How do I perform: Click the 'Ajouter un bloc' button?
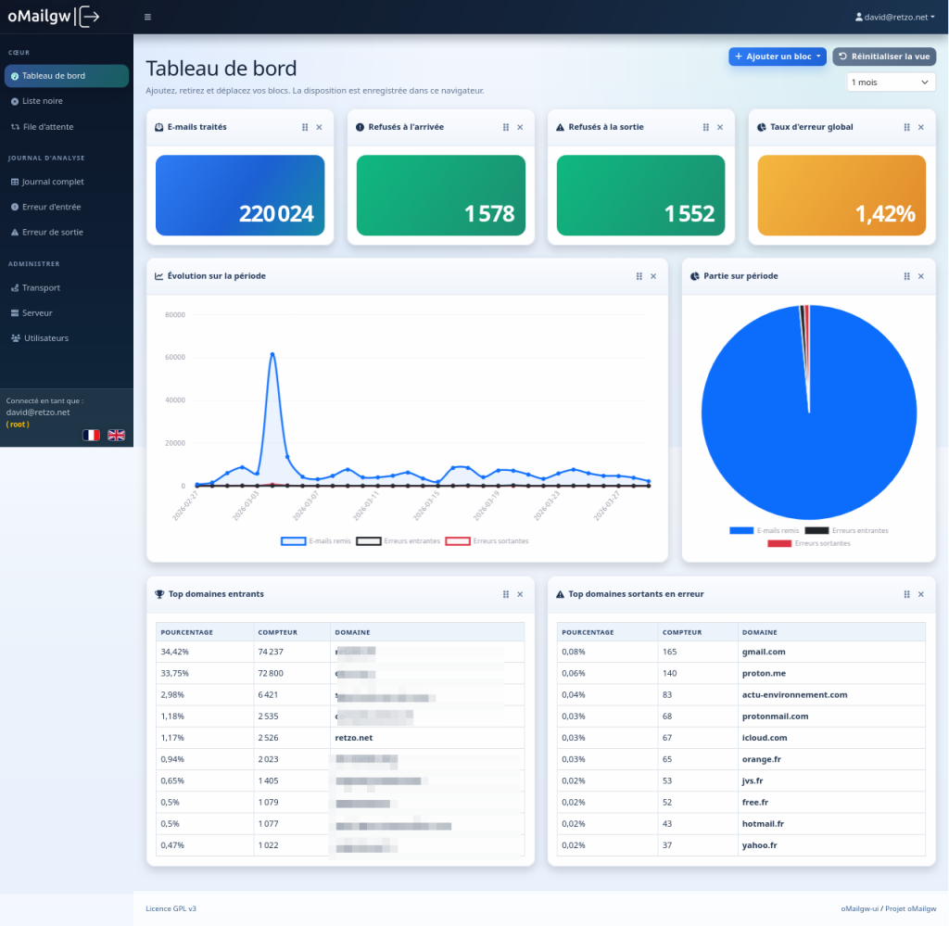tap(778, 57)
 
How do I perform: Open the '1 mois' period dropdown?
tap(891, 82)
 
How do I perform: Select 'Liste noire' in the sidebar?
tap(43, 101)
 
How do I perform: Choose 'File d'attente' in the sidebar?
tap(47, 126)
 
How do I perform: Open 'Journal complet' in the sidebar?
tap(53, 182)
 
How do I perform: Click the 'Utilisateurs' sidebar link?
tap(46, 338)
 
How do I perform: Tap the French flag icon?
tap(91, 435)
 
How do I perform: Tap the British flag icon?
tap(117, 435)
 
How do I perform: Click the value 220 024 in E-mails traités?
tap(276, 214)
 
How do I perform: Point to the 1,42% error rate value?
tap(884, 214)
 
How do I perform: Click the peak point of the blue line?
tap(272, 353)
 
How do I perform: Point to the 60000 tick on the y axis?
tap(175, 357)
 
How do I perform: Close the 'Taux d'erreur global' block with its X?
tap(920, 127)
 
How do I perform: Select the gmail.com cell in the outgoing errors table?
tap(763, 652)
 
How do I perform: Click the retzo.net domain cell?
tap(354, 737)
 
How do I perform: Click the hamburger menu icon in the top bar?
tap(148, 17)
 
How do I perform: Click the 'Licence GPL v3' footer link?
tap(171, 908)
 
